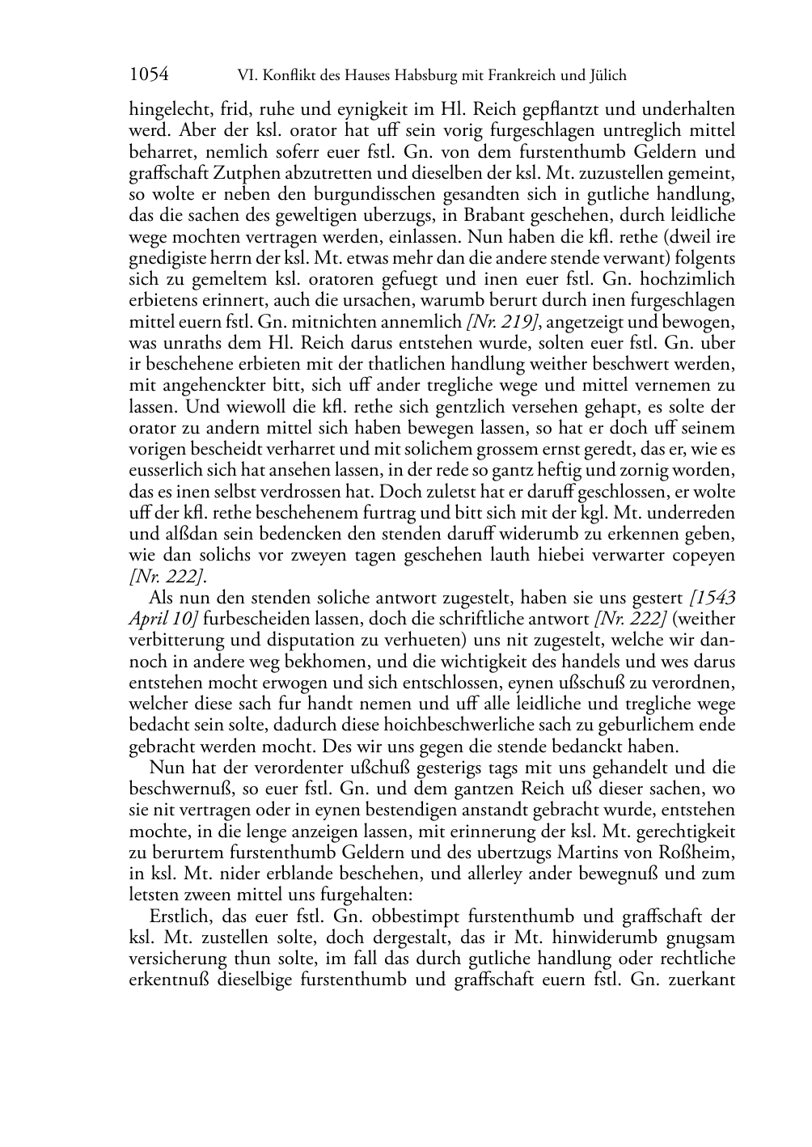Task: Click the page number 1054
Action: pyautogui.click(x=149, y=75)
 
